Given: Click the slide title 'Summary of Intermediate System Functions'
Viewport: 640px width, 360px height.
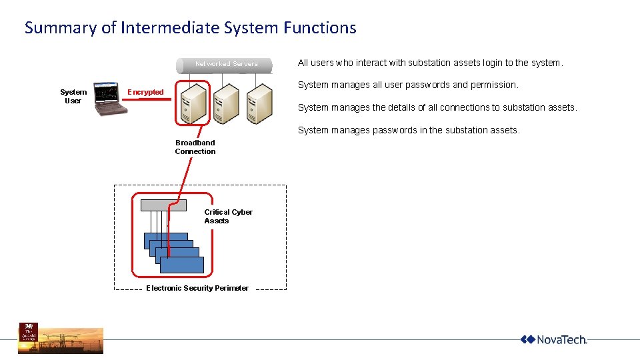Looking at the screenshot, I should [190, 28].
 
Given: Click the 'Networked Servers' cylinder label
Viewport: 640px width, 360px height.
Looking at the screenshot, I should [226, 64].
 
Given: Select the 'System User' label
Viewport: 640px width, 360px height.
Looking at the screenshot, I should [73, 96].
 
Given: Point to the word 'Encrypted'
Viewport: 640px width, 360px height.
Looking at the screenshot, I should [145, 92].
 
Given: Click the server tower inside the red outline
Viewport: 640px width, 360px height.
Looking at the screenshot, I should [193, 104].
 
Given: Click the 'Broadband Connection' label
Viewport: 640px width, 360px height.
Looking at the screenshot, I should [195, 147].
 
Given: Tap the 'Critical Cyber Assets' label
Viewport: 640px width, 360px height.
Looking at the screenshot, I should [228, 216].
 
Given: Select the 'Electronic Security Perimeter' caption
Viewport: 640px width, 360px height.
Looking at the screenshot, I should [197, 288].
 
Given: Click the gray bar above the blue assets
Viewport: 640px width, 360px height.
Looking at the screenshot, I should [164, 205].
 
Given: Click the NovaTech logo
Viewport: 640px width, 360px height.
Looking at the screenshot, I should [553, 339].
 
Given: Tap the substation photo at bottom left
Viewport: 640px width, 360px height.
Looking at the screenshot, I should [61, 338].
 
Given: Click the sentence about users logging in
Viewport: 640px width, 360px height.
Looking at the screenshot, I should [430, 63].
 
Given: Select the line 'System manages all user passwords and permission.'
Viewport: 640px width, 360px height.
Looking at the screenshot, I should [407, 85].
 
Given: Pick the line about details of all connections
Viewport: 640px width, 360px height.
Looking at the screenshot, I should [437, 107].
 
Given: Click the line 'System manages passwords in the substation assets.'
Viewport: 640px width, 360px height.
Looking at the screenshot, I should [408, 130].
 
